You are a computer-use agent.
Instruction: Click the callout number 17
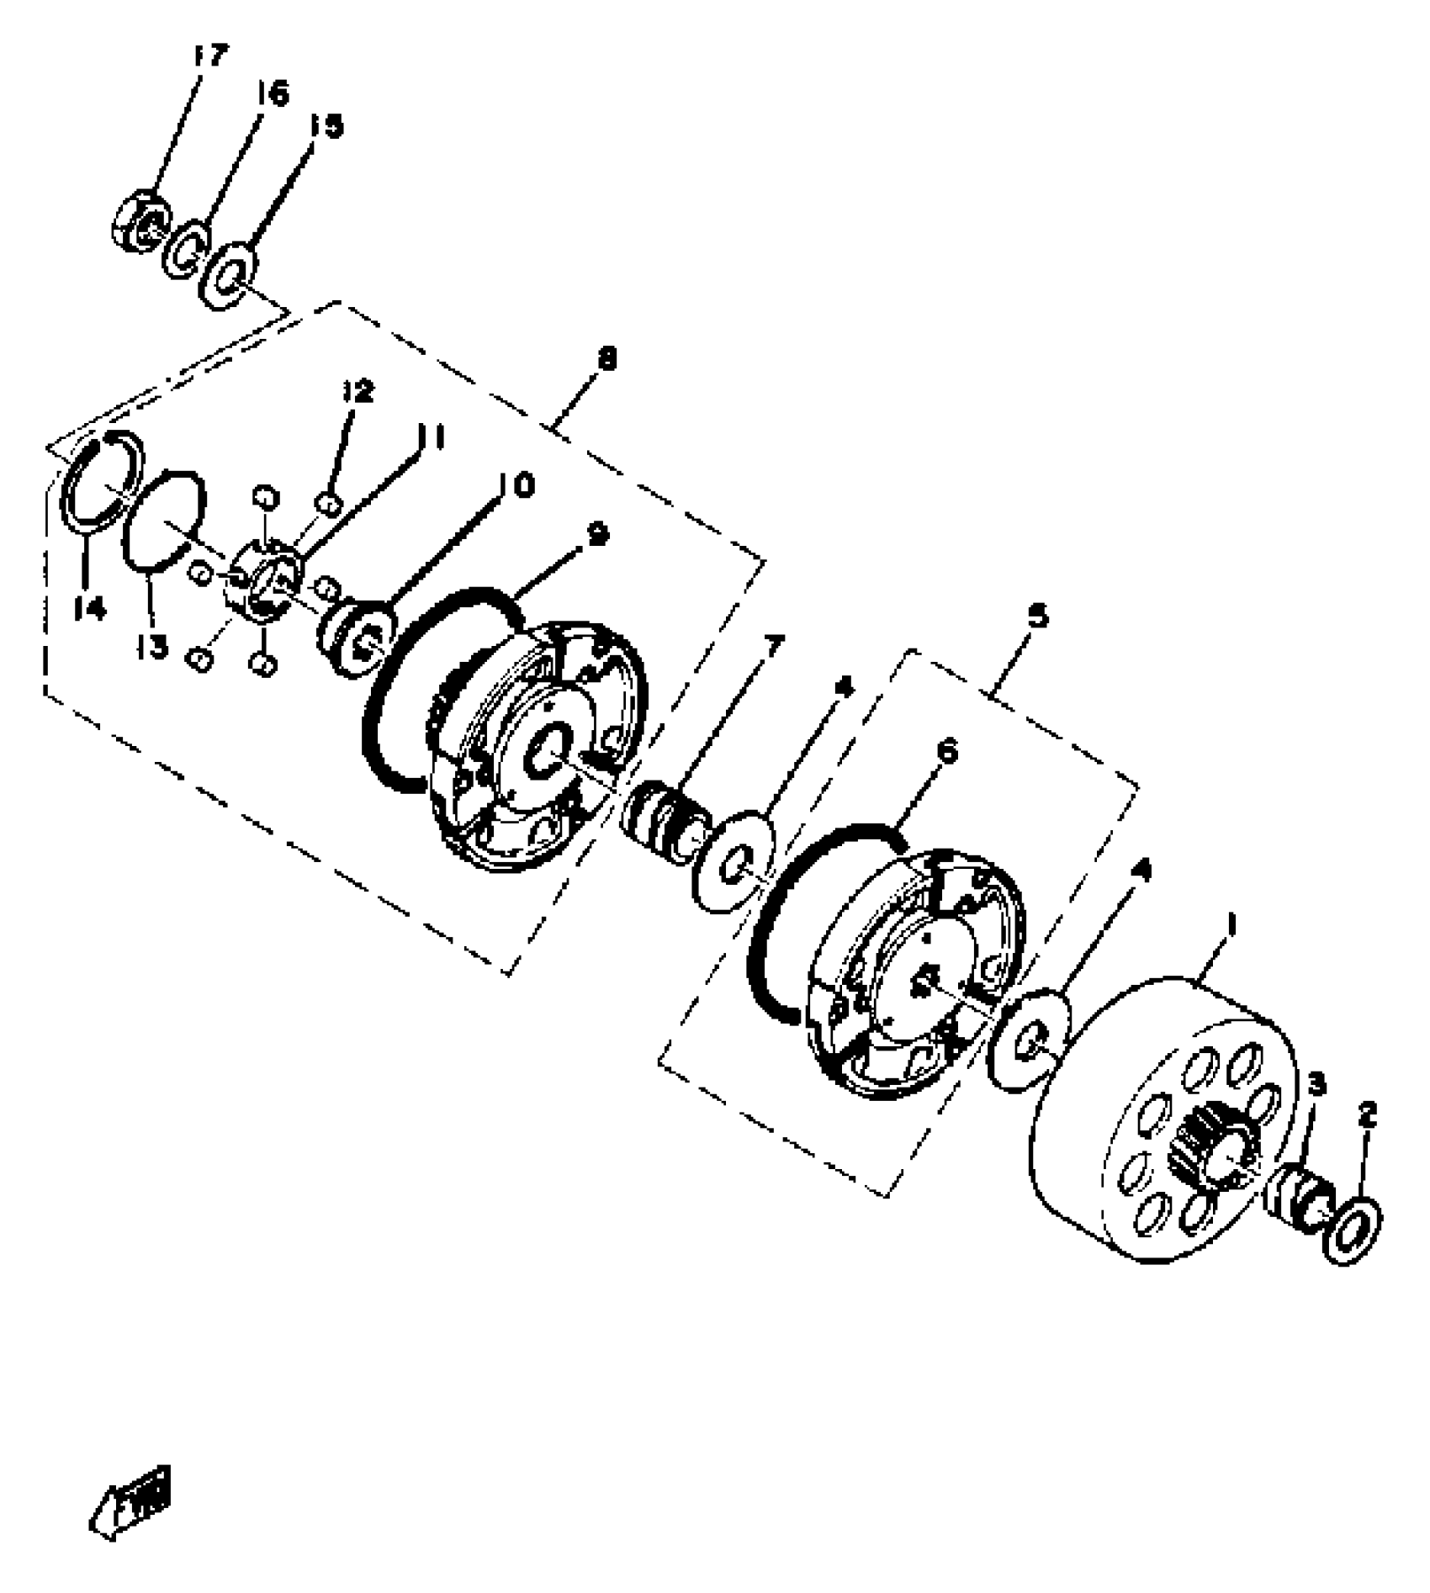[209, 56]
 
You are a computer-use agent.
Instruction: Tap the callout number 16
[272, 93]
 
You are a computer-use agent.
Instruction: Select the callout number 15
[326, 126]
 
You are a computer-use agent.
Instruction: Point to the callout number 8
[606, 360]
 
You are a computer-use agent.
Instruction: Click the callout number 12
[357, 393]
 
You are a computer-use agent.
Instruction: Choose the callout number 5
[1037, 617]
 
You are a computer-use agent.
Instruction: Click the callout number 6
[946, 751]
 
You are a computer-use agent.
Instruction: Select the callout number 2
[1368, 1116]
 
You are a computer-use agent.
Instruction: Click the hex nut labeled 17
[139, 222]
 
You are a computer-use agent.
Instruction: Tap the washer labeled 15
[229, 275]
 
